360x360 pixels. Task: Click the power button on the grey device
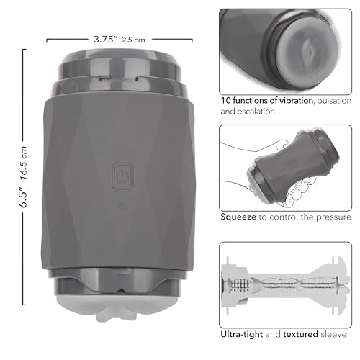122,177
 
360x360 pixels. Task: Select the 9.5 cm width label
133,40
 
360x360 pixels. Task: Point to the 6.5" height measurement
24,197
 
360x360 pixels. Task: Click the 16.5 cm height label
24,163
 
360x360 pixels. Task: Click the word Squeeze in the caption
238,217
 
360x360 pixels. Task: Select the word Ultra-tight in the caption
242,334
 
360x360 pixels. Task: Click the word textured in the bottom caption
300,334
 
